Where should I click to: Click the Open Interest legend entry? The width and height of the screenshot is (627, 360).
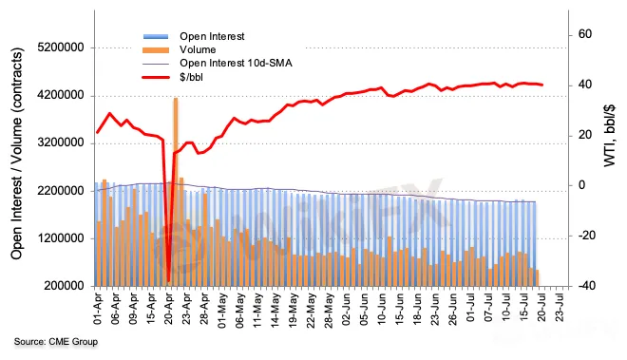tap(212, 36)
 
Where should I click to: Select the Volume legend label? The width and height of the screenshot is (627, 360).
tap(198, 49)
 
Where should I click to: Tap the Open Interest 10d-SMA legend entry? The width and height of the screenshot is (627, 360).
tap(236, 64)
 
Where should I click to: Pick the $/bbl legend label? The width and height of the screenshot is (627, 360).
tap(191, 77)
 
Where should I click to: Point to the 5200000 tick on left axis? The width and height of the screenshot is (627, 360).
tap(61, 47)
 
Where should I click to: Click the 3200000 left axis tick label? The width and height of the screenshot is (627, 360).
tap(61, 142)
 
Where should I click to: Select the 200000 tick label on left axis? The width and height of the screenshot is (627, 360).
tap(64, 286)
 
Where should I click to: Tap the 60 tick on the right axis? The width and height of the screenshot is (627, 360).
tap(584, 34)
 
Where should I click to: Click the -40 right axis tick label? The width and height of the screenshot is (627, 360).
tap(586, 286)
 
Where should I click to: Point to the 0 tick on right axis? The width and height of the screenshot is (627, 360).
tap(581, 185)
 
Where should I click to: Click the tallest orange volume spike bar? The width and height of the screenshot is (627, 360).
tap(175, 191)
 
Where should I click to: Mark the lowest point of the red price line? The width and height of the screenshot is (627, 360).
tap(168, 282)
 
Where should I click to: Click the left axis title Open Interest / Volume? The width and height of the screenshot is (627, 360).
tap(17, 154)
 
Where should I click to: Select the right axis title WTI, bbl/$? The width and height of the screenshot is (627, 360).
tap(609, 136)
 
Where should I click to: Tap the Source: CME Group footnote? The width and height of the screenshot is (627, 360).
tap(56, 342)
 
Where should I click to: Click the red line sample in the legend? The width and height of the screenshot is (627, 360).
tap(156, 77)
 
